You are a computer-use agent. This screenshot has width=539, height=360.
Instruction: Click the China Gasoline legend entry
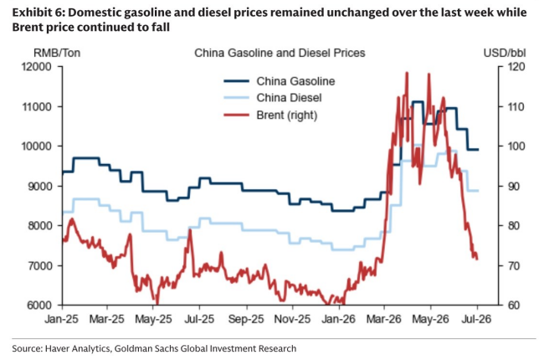coord(280,81)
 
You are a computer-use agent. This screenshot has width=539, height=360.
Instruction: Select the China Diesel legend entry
coord(273,98)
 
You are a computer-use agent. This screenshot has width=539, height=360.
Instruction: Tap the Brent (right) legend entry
coord(270,115)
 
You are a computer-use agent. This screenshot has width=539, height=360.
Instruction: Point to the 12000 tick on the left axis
coord(37,67)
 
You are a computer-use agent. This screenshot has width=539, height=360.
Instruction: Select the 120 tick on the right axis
coord(516,67)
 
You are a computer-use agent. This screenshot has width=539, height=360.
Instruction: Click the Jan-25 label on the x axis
coord(62,320)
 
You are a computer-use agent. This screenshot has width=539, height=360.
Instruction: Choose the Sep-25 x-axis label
coord(246,320)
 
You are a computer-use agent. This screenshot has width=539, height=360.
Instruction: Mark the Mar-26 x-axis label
coord(384,320)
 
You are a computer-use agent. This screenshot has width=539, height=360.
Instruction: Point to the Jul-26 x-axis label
coord(477,320)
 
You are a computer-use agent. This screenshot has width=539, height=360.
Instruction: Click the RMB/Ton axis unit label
coord(57,53)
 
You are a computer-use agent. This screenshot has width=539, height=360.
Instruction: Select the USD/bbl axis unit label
coord(505,53)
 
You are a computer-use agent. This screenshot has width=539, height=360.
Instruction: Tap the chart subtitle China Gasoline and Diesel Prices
coord(280,53)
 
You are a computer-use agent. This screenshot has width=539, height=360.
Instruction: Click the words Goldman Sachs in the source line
coord(146,348)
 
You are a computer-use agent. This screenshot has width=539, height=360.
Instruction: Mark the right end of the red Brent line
coord(477,260)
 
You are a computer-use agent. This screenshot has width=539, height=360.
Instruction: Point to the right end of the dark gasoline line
coord(479,150)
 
